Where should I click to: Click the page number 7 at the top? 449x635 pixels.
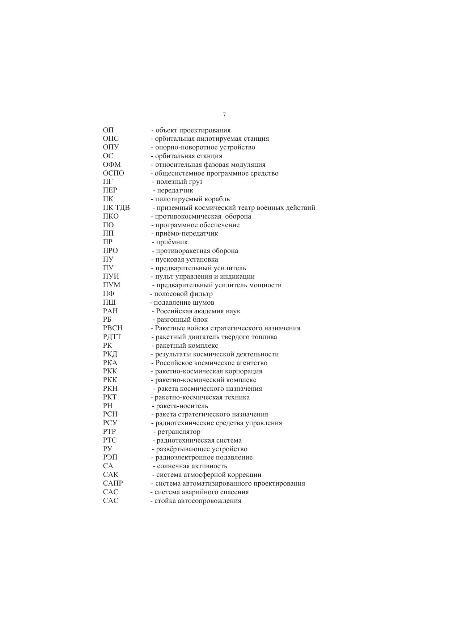click(224, 115)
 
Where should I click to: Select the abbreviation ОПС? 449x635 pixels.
click(111, 139)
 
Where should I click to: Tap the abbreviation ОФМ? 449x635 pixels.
click(112, 165)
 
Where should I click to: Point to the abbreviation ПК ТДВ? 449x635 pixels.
click(116, 208)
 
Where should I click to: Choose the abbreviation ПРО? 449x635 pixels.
click(110, 251)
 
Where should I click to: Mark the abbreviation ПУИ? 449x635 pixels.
click(111, 276)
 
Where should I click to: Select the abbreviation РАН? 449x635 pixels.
click(110, 311)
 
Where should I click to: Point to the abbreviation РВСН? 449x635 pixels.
click(113, 328)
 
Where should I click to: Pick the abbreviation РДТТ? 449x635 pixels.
click(112, 337)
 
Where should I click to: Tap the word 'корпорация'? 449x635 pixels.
click(244, 371)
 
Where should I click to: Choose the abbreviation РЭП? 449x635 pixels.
click(110, 457)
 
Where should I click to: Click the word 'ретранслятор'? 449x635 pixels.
click(179, 432)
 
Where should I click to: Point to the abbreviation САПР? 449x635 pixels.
click(113, 483)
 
